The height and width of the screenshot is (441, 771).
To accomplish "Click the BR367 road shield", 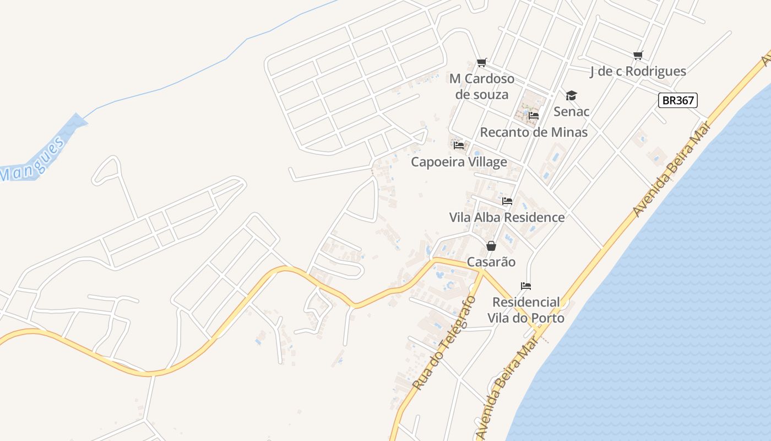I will coord(677,100).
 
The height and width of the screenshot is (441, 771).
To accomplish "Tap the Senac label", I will coord(572,111).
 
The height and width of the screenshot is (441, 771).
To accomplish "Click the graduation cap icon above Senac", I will coord(572,95).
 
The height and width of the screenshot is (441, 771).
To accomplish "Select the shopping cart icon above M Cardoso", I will coord(482,63).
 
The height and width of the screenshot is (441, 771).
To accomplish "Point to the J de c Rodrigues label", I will coord(638,71).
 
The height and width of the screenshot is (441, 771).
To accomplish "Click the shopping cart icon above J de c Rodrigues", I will coord(638,55).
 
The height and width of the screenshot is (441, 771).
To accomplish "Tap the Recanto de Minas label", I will coord(534,132).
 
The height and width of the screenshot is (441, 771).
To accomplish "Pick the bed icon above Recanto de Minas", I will coord(533,116).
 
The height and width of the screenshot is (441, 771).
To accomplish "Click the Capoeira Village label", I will coord(459,162).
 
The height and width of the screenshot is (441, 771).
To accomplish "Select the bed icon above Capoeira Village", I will coord(459,146).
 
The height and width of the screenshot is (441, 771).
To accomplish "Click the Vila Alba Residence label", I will coord(507,217).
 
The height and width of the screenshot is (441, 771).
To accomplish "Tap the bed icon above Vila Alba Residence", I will coord(507,201).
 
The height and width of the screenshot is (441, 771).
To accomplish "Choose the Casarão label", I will coord(491,262).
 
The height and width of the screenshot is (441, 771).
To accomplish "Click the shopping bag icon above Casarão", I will coord(491,246).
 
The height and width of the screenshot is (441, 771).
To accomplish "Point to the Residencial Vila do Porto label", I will coord(526,310).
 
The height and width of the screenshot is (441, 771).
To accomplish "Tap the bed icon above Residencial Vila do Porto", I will coord(526,286).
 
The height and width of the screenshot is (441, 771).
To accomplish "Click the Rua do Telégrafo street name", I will coord(444,343).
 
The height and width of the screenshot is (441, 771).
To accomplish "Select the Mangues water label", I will coord(33,160).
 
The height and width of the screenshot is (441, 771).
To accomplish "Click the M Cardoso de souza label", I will coord(482,87).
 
